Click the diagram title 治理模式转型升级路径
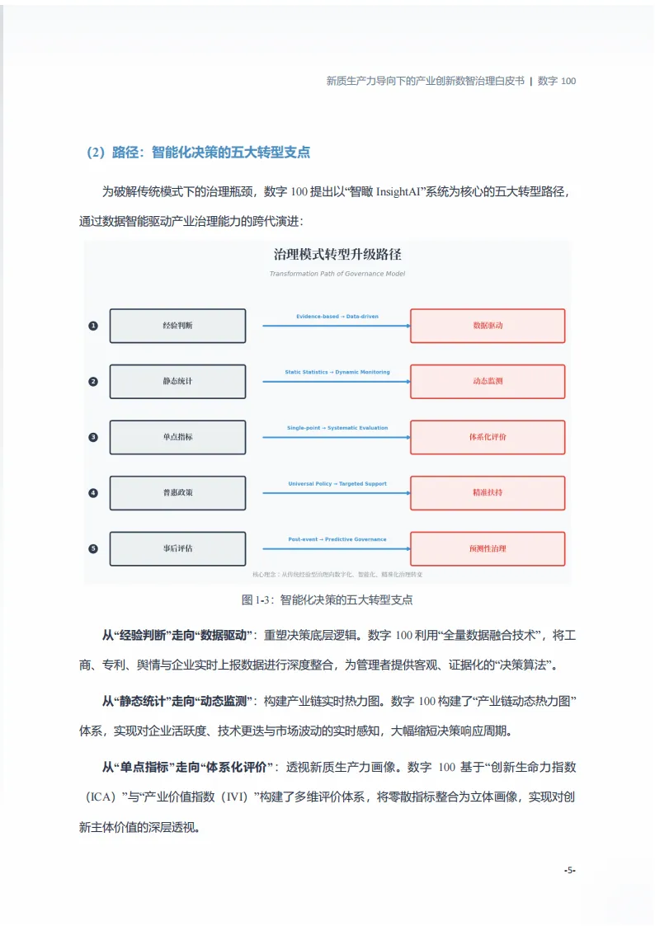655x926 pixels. [x=337, y=255]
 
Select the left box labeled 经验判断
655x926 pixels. [x=177, y=326]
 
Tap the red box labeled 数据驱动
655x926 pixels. [x=488, y=326]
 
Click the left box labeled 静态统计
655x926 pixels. [x=177, y=382]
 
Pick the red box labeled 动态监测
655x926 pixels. [x=488, y=382]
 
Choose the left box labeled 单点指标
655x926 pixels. [x=177, y=437]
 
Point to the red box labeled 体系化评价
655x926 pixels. [x=488, y=437]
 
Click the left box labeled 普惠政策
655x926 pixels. [x=177, y=493]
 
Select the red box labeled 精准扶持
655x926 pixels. [x=488, y=493]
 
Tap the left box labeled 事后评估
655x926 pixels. [x=177, y=548]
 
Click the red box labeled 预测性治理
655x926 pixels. [x=488, y=548]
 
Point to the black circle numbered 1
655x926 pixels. [x=93, y=326]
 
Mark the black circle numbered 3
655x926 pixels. [x=93, y=437]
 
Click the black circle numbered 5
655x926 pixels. [x=93, y=548]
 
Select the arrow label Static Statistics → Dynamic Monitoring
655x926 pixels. [x=337, y=373]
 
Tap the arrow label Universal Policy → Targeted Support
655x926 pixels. [x=337, y=484]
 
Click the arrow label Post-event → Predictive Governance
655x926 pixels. [x=337, y=539]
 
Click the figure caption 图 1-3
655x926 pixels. [x=327, y=599]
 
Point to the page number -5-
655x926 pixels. [x=569, y=870]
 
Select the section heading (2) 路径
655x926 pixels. [x=198, y=153]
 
